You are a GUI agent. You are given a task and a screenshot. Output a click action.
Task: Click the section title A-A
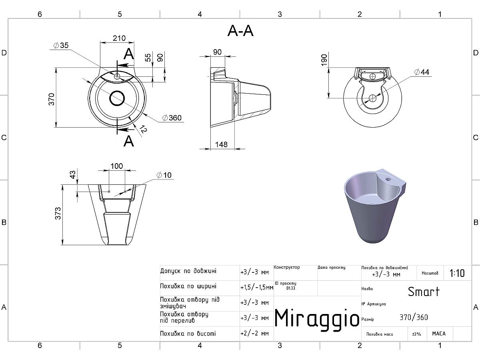[x=240, y=31]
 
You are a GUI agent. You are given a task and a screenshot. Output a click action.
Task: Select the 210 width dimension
[x=119, y=38]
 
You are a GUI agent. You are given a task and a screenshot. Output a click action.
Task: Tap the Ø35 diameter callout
[x=61, y=45]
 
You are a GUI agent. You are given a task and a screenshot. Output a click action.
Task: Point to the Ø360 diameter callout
[x=172, y=118]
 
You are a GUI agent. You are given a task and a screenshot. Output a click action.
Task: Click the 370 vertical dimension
[x=51, y=99]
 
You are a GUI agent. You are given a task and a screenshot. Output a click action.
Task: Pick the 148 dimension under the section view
[x=221, y=144]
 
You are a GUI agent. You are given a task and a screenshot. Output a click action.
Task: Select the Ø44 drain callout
[x=422, y=72]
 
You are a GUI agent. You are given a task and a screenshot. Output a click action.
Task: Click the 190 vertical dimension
[x=324, y=60]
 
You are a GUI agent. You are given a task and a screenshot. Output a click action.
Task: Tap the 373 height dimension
[x=58, y=213]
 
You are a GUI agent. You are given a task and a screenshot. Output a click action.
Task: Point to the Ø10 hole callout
[x=164, y=175]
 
